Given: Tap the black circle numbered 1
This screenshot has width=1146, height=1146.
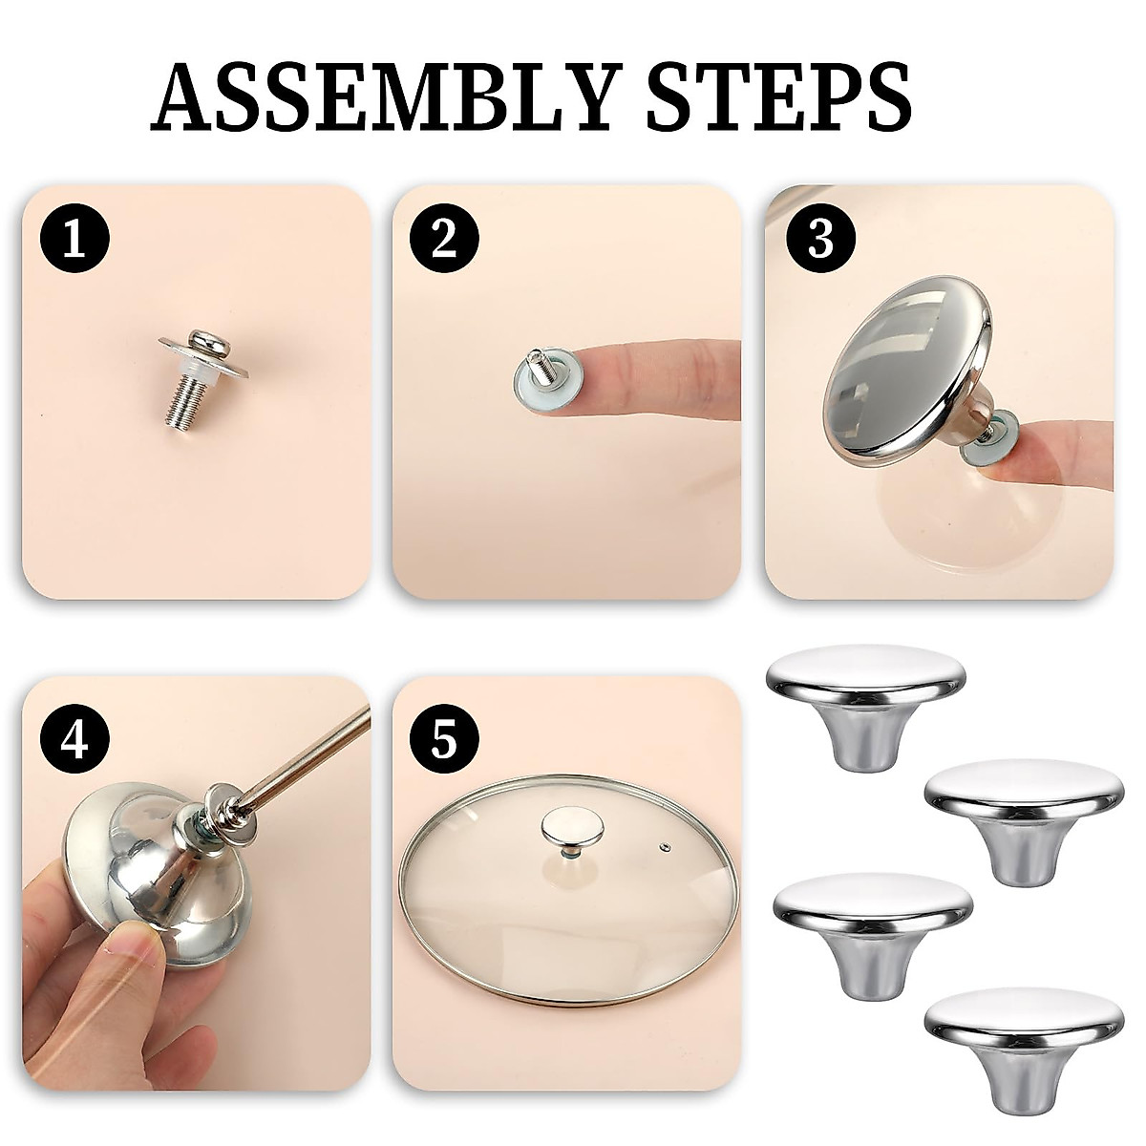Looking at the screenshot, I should (x=75, y=239).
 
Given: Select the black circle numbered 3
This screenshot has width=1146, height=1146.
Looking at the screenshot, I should (x=820, y=239).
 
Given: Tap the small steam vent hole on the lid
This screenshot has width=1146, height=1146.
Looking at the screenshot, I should (x=664, y=846).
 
